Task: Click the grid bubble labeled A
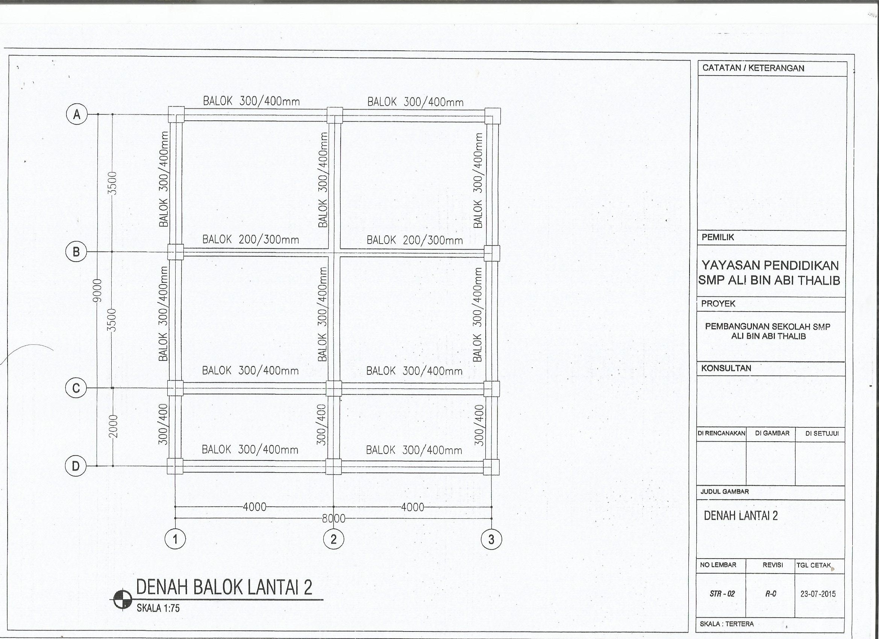pos(77,114)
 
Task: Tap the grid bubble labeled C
pos(76,388)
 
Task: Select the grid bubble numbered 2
pos(334,539)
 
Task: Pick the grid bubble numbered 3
pos(491,539)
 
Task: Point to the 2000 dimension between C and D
pos(112,427)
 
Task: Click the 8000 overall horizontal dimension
pos(334,518)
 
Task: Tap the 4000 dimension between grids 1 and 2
pos(255,507)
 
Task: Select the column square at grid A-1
pos(176,115)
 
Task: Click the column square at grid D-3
pos(491,466)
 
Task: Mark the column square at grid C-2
pos(334,388)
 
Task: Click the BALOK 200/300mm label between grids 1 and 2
pos(251,239)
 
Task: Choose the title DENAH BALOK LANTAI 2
pos(224,588)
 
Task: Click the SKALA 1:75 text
pos(158,609)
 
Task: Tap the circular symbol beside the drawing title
pos(123,600)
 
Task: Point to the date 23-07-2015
pos(818,594)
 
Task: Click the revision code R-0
pos(770,594)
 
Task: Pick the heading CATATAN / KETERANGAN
pos(753,68)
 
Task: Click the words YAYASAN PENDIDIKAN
pos(770,265)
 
